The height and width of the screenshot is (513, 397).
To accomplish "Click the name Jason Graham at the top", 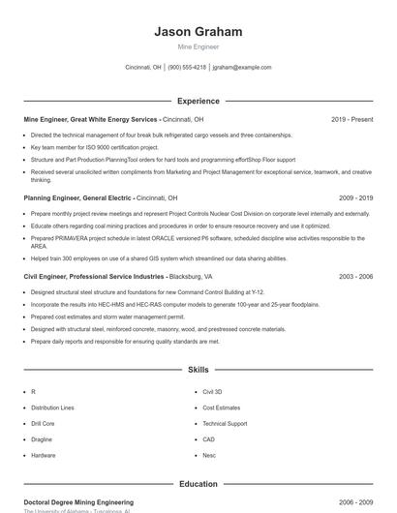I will [198, 32].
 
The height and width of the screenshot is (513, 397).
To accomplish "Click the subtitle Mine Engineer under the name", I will [198, 46].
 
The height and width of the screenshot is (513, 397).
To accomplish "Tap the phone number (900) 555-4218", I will [187, 68].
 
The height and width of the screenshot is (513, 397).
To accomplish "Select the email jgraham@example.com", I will [242, 68].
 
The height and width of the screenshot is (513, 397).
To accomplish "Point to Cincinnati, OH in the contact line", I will [143, 68].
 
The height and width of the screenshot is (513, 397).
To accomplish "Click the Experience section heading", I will [198, 101].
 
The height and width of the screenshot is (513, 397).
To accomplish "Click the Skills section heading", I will [198, 370].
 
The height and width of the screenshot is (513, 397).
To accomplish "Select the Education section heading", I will [198, 484].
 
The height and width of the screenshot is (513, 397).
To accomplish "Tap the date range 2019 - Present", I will [351, 119].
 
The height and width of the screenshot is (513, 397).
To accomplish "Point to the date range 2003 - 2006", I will [355, 276].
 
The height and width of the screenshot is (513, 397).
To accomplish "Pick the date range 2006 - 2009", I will [355, 502].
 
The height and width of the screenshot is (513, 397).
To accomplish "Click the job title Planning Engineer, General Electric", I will [78, 197].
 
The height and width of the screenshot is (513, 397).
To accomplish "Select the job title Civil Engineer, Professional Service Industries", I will [94, 276].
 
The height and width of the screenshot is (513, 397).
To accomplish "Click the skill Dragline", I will [43, 439].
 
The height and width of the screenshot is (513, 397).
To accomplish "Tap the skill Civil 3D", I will [213, 392].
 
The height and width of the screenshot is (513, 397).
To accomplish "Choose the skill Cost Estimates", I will [222, 407].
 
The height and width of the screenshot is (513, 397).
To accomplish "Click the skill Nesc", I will [209, 455].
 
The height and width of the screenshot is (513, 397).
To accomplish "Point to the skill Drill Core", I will [43, 423].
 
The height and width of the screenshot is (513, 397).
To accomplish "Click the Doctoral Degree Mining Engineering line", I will [78, 502].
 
